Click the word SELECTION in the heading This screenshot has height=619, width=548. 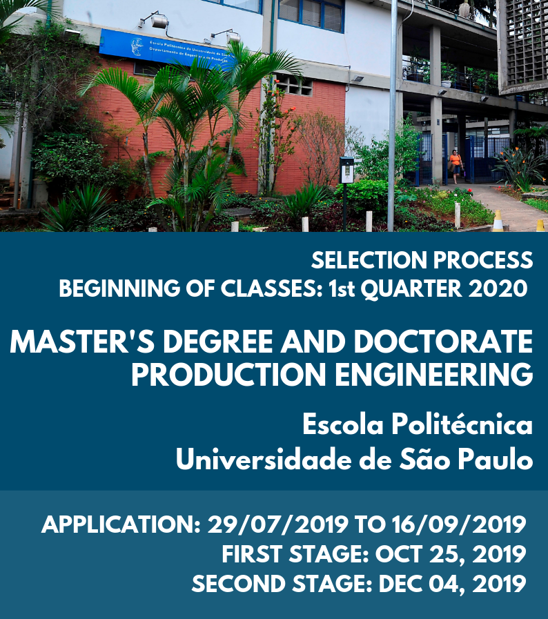click(369, 261)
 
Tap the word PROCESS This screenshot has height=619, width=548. click(483, 261)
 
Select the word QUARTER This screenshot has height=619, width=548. click(411, 288)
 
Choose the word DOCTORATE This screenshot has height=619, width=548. click(443, 342)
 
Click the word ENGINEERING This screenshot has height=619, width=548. click(434, 375)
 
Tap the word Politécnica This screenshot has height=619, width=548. click(462, 424)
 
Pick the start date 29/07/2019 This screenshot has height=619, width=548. click(278, 524)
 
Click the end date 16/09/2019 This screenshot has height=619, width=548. click(459, 524)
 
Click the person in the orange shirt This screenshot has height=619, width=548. click(456, 166)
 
